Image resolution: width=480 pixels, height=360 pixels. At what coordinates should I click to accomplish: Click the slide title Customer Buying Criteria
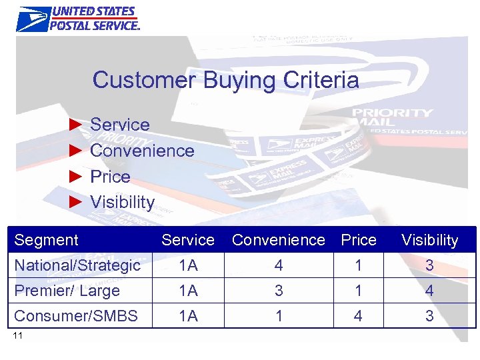click(225, 81)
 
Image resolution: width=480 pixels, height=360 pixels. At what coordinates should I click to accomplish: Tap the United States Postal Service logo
click(78, 19)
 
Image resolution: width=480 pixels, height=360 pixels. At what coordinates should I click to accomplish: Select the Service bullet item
click(119, 125)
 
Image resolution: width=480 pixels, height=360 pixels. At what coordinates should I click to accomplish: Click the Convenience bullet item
click(141, 151)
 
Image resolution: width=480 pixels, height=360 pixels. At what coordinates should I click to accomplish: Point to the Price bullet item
click(110, 177)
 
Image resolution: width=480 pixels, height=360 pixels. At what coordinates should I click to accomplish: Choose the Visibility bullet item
click(122, 202)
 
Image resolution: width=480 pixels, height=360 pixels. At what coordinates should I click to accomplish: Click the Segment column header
click(47, 240)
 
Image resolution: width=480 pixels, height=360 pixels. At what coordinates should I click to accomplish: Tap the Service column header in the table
click(188, 240)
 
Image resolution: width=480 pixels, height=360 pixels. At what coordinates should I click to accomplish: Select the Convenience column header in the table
click(279, 240)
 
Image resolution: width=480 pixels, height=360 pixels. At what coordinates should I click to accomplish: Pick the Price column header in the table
click(359, 240)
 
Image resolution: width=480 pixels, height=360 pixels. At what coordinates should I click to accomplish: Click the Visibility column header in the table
click(429, 240)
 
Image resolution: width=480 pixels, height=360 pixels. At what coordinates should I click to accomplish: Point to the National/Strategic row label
click(77, 265)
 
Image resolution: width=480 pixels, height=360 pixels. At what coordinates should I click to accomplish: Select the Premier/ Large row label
click(67, 291)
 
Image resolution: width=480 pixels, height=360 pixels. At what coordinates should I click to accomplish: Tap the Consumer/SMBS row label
click(76, 316)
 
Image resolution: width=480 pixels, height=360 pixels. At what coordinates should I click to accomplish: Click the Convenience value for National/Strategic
click(279, 265)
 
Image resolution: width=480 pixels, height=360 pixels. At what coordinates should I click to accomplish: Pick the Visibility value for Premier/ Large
click(429, 291)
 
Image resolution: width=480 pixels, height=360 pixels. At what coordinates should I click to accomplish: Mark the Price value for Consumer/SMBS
click(359, 316)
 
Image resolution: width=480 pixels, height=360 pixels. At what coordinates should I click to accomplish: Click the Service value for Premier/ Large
click(188, 291)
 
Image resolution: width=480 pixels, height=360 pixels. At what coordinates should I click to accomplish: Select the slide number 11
click(18, 335)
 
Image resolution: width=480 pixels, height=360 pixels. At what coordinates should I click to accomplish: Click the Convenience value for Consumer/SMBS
click(279, 316)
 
